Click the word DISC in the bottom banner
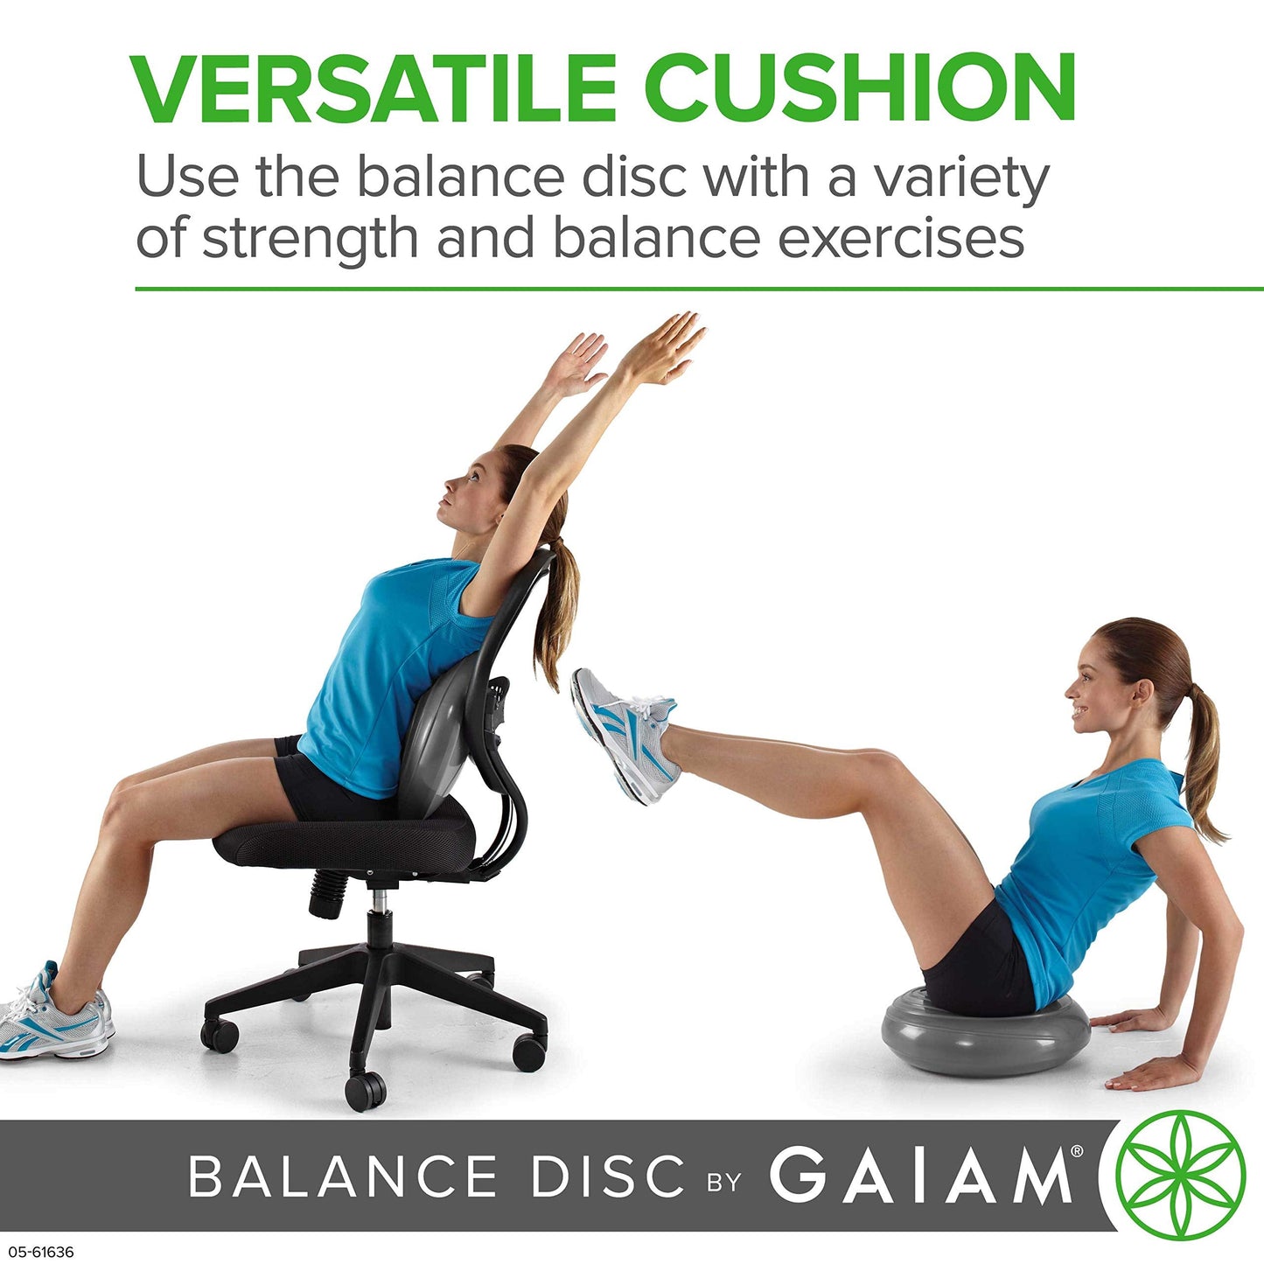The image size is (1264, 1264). click(608, 1177)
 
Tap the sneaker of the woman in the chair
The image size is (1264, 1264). click(54, 1018)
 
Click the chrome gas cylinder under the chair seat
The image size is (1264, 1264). click(378, 901)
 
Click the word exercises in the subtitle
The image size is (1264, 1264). click(900, 237)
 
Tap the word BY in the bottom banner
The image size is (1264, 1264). click(724, 1182)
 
